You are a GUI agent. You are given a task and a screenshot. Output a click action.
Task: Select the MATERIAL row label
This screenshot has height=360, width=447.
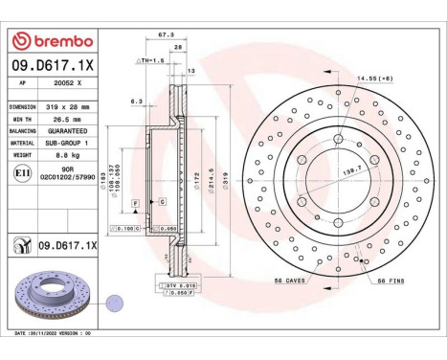23,140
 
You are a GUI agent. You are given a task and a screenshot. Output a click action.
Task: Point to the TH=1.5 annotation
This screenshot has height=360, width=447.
153,59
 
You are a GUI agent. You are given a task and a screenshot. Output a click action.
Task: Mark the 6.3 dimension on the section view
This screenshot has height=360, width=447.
136,100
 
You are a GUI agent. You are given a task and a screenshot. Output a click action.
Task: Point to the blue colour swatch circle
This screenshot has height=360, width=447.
115,300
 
